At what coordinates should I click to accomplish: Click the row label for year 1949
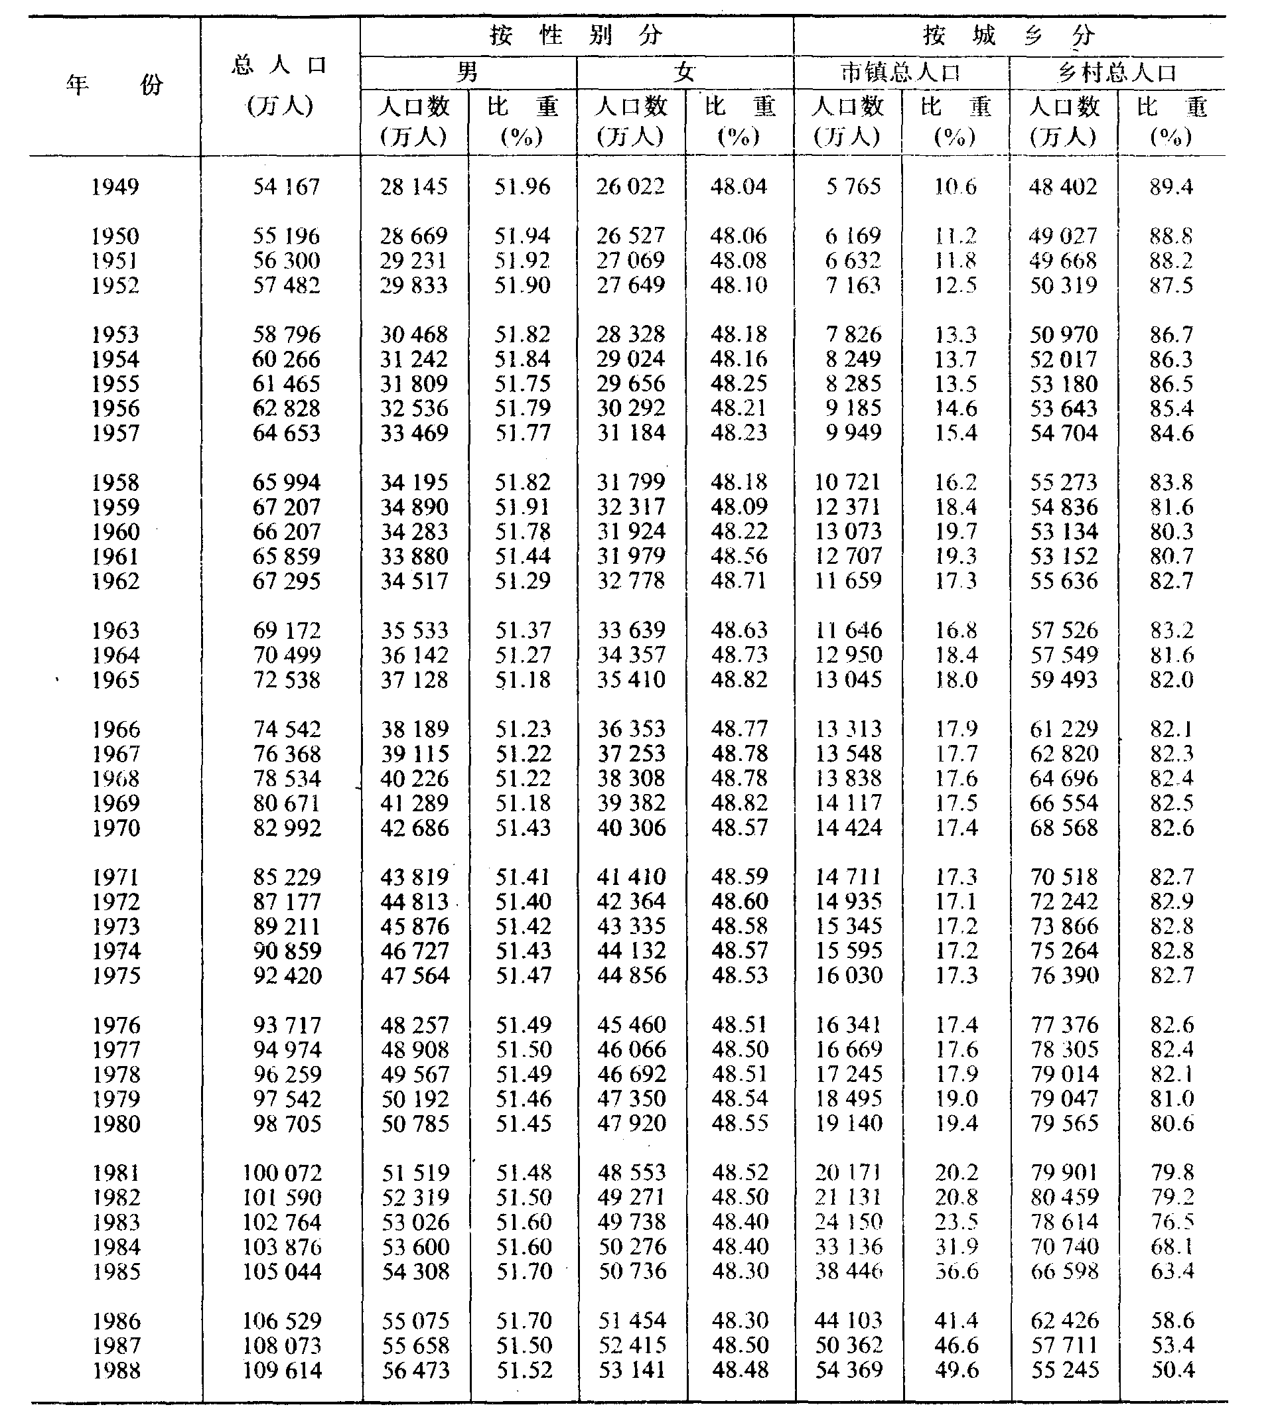(x=115, y=187)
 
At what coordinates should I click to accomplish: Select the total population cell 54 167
(x=286, y=187)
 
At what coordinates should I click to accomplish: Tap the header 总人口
(x=280, y=66)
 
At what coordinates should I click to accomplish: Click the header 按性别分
(x=576, y=35)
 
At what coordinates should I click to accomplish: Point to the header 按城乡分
(x=1009, y=35)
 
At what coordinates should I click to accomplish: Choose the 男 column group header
(x=468, y=72)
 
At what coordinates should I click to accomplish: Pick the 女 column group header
(x=685, y=72)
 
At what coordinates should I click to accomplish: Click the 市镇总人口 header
(x=901, y=73)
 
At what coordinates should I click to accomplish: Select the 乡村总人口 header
(x=1117, y=73)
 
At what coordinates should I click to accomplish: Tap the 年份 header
(x=115, y=86)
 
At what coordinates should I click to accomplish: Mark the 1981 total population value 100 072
(x=282, y=1173)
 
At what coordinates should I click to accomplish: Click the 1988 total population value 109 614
(x=282, y=1371)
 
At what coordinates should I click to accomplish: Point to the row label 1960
(x=115, y=532)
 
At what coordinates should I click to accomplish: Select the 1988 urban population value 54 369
(x=849, y=1371)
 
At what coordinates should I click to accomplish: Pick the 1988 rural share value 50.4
(x=1172, y=1371)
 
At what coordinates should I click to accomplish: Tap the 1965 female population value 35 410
(x=631, y=679)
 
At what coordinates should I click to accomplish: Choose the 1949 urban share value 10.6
(x=956, y=187)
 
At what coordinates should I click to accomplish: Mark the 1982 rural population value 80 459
(x=1064, y=1197)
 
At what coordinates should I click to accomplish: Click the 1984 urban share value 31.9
(x=956, y=1246)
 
